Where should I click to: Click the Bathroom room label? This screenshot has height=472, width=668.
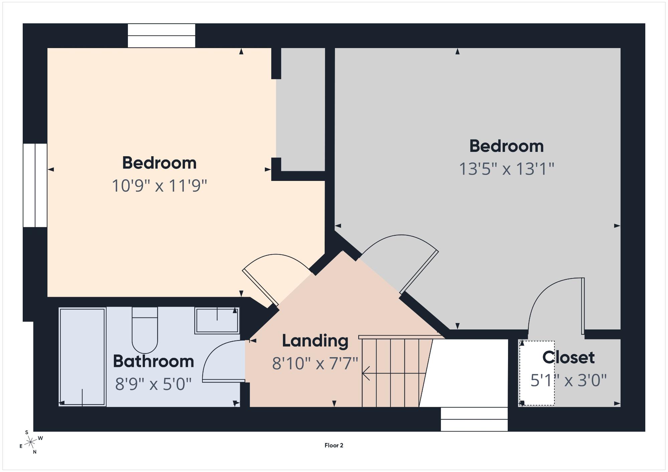tap(153, 361)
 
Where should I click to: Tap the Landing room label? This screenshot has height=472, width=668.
tap(315, 341)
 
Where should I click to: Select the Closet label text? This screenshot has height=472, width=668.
tap(568, 358)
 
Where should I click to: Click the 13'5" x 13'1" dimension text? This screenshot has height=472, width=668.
tap(507, 169)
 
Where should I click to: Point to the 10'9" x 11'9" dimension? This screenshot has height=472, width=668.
tap(159, 186)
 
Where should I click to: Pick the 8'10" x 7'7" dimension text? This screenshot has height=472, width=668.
tap(315, 364)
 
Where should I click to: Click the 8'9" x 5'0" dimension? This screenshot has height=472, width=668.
tap(153, 384)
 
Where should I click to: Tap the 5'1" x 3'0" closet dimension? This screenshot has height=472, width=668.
tap(568, 380)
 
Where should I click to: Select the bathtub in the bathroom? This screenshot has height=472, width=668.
tap(82, 357)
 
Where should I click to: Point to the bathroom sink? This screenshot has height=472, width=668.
tap(217, 320)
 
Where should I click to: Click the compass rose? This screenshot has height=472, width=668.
tap(31, 443)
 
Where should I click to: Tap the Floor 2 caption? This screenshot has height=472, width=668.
tap(334, 445)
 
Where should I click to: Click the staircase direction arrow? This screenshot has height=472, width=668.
tap(394, 373)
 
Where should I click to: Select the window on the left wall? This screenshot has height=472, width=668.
tap(35, 185)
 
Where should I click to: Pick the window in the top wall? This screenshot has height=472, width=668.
tap(162, 36)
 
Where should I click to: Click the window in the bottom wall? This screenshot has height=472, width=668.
tap(474, 419)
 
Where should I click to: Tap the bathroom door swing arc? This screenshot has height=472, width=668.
tap(214, 350)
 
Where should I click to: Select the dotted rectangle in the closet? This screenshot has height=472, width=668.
tap(537, 373)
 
